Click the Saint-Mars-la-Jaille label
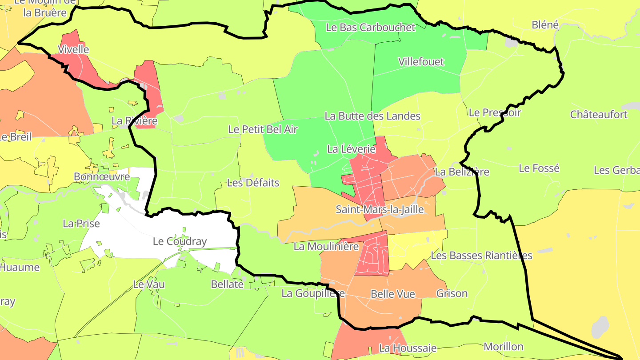click(380, 209)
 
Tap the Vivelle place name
click(74, 49)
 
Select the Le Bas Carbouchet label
click(370, 27)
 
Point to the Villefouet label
click(421, 61)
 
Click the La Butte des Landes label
click(372, 116)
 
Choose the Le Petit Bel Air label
click(263, 129)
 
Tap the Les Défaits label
click(253, 183)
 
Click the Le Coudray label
click(180, 241)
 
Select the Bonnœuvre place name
click(102, 176)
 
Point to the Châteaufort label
click(599, 114)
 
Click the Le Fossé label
click(539, 168)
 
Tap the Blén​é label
click(545, 24)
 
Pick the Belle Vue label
click(392, 294)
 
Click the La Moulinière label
click(326, 246)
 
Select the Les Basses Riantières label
click(481, 256)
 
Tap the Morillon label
click(503, 346)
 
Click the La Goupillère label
click(313, 293)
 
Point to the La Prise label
click(81, 223)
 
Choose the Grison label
click(452, 293)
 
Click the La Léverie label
click(351, 149)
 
